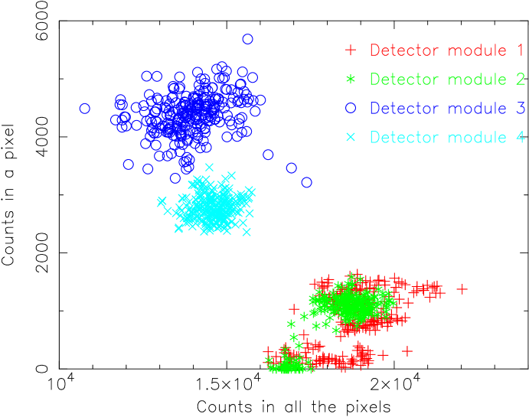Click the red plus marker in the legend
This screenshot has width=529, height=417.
pos(351,50)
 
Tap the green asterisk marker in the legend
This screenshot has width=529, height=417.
pos(351,80)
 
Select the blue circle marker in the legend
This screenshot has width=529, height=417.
pos(351,108)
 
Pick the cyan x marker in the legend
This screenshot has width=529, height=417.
pos(351,138)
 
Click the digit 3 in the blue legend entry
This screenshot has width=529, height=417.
pos(520,109)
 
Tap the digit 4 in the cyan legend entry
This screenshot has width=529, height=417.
pos(520,138)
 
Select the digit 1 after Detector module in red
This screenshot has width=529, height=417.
pos(520,50)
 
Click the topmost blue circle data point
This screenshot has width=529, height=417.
pos(247,39)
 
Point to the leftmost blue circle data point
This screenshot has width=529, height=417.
pos(85,109)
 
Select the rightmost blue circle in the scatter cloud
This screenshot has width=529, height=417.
pos(307,182)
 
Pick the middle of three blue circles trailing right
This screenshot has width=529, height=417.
pos(291,168)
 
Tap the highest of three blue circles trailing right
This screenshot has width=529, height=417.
pos(268,155)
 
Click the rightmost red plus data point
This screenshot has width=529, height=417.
pos(462,289)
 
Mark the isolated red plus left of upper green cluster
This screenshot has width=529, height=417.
pos(294,309)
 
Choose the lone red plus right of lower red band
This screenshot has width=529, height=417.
pos(407,350)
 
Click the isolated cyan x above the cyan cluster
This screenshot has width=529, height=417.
pos(209,167)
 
